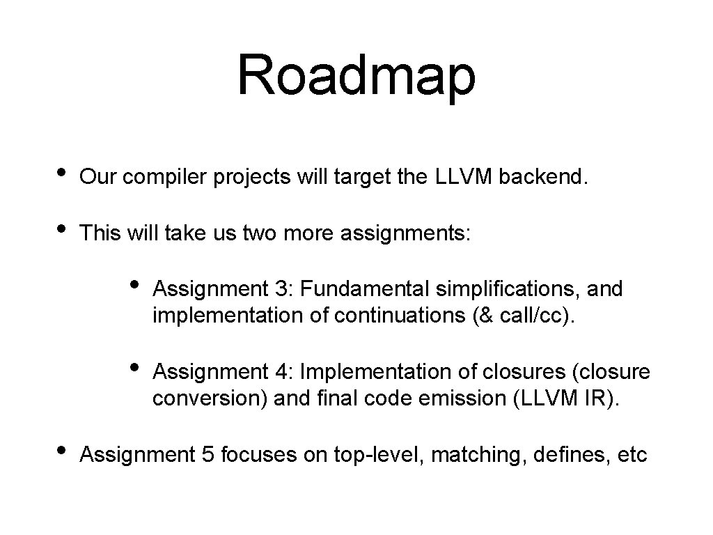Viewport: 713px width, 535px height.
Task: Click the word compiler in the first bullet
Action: [x=166, y=178]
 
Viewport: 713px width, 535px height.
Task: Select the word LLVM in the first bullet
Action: [x=464, y=177]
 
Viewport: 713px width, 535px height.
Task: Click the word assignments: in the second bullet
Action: [x=406, y=233]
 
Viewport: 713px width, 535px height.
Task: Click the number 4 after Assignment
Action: [x=282, y=372]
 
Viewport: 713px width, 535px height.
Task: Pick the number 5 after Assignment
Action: [x=210, y=456]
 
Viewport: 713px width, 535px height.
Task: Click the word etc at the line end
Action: [x=633, y=456]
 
